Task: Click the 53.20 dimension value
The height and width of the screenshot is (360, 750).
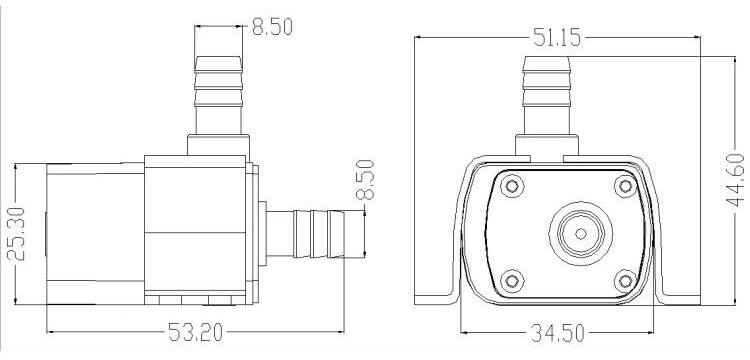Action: (x=195, y=332)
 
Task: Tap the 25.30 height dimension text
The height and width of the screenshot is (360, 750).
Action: (x=18, y=233)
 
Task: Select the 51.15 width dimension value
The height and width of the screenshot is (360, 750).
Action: (x=557, y=37)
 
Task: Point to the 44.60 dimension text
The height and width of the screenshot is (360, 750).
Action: (x=735, y=180)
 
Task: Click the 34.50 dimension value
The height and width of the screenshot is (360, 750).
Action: (x=557, y=333)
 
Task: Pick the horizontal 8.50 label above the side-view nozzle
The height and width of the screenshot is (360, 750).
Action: (x=272, y=27)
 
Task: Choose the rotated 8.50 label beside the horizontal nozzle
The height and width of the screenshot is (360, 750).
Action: (x=365, y=180)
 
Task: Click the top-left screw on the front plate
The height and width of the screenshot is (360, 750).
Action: (x=512, y=186)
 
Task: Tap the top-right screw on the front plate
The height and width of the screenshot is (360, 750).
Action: (x=625, y=186)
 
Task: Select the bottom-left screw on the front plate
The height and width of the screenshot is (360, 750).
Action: (x=512, y=281)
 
